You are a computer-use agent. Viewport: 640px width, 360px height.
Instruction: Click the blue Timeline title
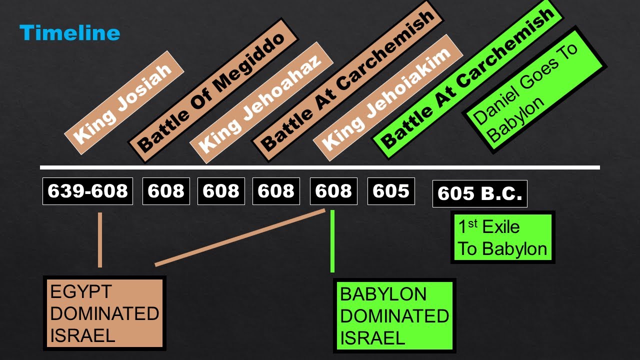click(69, 33)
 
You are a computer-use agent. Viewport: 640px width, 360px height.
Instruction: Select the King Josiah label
click(124, 102)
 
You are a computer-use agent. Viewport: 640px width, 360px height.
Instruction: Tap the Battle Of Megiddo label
click(213, 90)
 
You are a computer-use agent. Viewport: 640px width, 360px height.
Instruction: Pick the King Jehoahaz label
click(261, 106)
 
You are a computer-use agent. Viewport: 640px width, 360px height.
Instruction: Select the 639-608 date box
click(87, 191)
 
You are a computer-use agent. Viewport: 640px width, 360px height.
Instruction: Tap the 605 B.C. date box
click(479, 193)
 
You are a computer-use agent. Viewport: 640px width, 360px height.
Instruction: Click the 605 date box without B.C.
click(391, 191)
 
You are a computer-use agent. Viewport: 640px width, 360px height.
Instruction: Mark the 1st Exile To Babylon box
click(502, 237)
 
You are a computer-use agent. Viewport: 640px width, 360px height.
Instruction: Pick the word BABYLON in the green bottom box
click(383, 294)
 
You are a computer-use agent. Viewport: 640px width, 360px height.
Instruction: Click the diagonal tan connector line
click(240, 237)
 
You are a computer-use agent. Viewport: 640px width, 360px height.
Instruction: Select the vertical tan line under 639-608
click(100, 240)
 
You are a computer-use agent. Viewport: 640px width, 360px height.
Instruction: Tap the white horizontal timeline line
click(320, 167)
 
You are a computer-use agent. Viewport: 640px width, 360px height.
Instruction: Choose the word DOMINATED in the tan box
click(104, 314)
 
